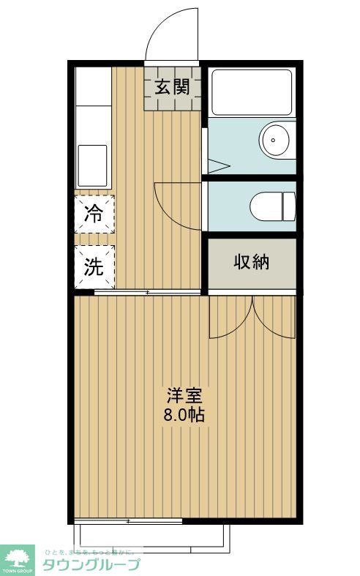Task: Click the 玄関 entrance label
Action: (x=173, y=87)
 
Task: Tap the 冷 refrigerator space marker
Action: (x=94, y=214)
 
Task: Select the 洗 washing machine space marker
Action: (x=94, y=267)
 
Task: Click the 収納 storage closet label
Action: (x=252, y=263)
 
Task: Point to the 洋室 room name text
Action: (x=184, y=396)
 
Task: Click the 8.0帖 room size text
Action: (x=184, y=414)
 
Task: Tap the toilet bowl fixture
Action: (x=271, y=206)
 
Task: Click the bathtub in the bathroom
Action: (x=252, y=92)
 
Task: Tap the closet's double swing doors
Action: (x=252, y=316)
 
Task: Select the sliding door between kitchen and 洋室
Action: (x=147, y=293)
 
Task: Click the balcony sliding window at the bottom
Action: (x=129, y=521)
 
